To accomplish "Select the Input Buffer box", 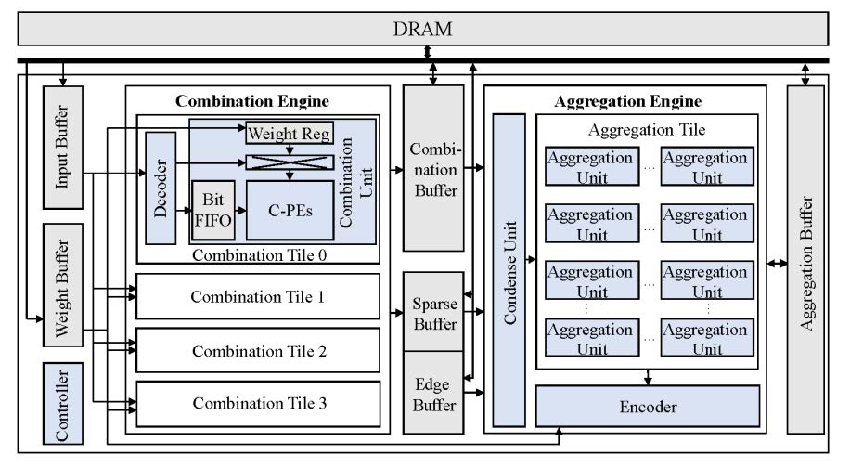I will pos(63,148).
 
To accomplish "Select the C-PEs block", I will pos(289,211).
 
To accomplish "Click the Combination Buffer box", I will pos(433,168).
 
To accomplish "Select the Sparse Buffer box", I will pos(433,311).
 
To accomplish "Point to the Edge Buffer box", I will pos(433,392).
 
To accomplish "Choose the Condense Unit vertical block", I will pos(509,269).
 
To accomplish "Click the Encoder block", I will pos(648,406).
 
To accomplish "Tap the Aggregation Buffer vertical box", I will pos(805,259).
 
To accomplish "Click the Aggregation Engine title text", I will pos(627,101).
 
